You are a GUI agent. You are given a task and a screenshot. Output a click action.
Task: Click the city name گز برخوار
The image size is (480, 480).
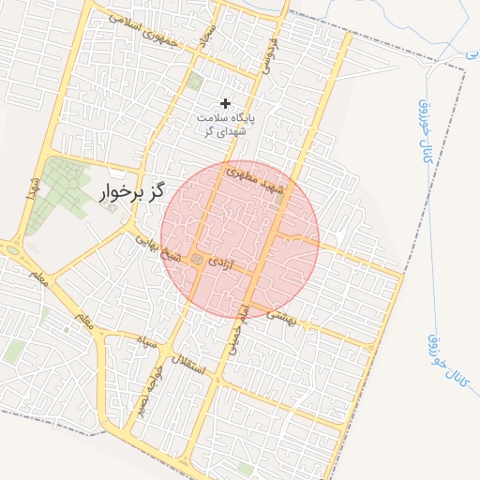click(x=130, y=192)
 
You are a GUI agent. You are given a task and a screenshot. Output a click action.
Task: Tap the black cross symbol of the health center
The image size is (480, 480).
click(x=225, y=102)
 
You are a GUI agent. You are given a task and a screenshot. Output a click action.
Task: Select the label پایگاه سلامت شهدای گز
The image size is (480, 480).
click(x=226, y=125)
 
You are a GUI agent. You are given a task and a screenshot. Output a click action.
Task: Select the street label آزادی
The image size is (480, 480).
click(x=217, y=260)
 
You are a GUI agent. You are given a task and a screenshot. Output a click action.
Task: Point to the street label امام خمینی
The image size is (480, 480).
click(x=237, y=328)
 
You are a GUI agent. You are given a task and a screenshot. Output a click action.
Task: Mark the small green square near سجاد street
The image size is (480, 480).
click(x=194, y=82)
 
